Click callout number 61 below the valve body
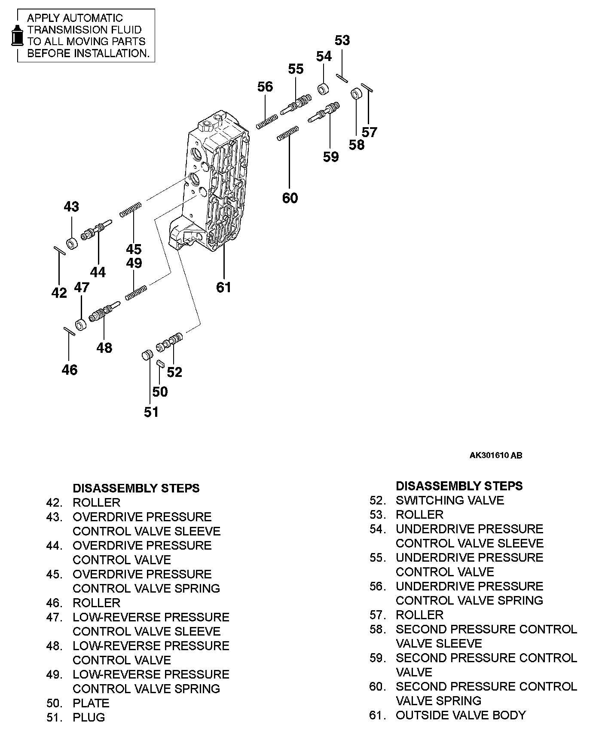pos(223,287)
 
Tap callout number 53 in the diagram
pos(342,40)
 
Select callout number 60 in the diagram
pos(290,198)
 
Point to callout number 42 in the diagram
pos(59,293)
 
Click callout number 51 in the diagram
pos(151,412)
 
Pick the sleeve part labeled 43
pos(71,243)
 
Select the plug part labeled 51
pos(147,355)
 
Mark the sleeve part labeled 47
pos(81,324)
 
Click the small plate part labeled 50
pos(160,363)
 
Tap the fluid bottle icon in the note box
pos(17,35)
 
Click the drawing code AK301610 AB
pos(495,456)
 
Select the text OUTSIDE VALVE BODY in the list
pos(461,715)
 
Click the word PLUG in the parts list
pos(89,717)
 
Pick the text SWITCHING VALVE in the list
pos(449,500)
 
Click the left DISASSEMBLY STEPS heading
pos(136,488)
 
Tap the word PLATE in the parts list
pos(91,703)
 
